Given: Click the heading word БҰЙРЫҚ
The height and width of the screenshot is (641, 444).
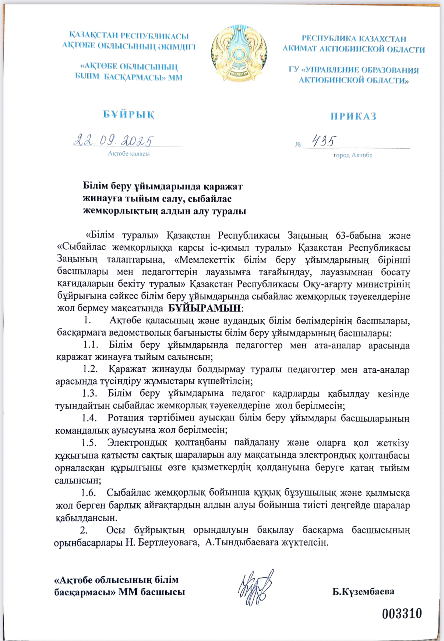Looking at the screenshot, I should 129,115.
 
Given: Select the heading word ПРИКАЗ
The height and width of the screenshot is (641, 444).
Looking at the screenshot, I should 353,117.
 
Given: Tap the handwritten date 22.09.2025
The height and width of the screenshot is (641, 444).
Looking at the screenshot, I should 113,140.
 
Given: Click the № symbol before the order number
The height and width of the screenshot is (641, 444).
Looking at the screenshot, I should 298,144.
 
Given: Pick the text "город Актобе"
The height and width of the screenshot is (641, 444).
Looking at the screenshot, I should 353,155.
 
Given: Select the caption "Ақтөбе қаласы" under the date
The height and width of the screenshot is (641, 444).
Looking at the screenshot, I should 129,154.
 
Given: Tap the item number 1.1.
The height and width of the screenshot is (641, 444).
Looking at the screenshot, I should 91,345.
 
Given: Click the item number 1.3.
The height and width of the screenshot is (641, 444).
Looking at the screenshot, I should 89,393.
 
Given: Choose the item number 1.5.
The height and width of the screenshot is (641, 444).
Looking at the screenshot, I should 89,443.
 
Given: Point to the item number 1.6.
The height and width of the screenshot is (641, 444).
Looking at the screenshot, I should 89,493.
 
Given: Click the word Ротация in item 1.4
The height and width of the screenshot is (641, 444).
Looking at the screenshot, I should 126,418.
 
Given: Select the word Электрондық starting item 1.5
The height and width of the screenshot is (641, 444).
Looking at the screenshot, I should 137,443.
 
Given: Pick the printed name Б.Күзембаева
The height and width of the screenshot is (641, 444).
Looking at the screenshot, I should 363,592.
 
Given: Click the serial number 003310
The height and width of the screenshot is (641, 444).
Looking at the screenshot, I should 402,614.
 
